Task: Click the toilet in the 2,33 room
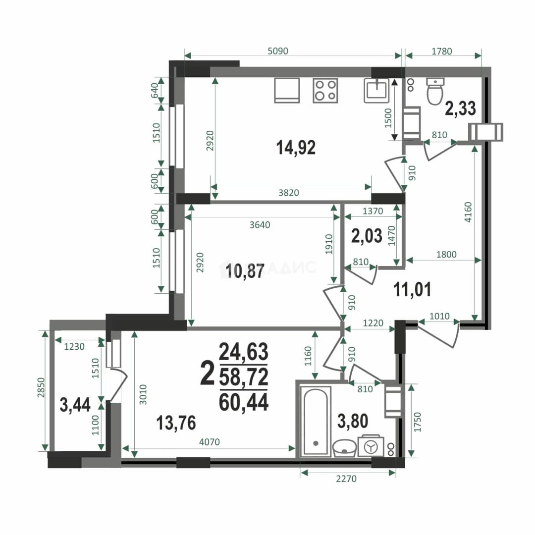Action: pyautogui.click(x=435, y=91)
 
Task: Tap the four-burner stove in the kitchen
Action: pyautogui.click(x=325, y=91)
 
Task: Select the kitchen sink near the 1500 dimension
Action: pyautogui.click(x=376, y=91)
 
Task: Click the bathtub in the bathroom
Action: pyautogui.click(x=316, y=422)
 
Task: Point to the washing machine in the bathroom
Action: pyautogui.click(x=371, y=446)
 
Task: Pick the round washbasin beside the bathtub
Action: pyautogui.click(x=345, y=448)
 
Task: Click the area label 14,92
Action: pyautogui.click(x=295, y=148)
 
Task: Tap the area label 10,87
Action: pyautogui.click(x=245, y=271)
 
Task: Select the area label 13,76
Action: pyautogui.click(x=176, y=423)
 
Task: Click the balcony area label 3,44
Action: pyautogui.click(x=75, y=405)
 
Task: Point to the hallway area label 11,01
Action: pyautogui.click(x=412, y=289)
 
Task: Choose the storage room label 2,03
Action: pyautogui.click(x=367, y=236)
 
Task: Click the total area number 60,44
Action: pyautogui.click(x=244, y=402)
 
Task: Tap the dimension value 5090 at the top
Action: pyautogui.click(x=278, y=51)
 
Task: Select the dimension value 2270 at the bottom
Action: pyautogui.click(x=346, y=479)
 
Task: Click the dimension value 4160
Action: pyautogui.click(x=468, y=212)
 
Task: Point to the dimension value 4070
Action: pyautogui.click(x=210, y=442)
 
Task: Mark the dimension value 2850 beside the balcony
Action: pyautogui.click(x=41, y=387)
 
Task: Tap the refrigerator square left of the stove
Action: pyautogui.click(x=287, y=91)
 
